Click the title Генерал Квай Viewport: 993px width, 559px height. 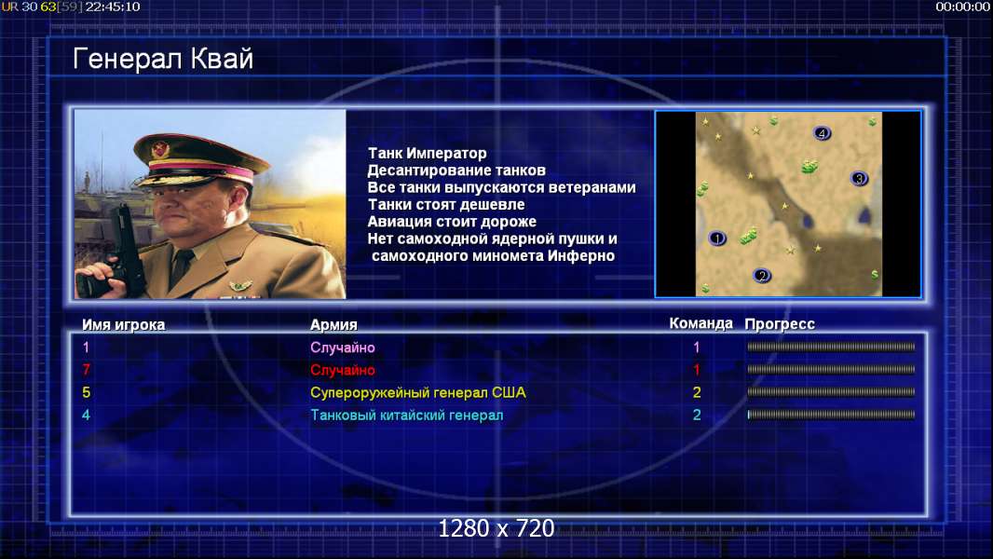(x=163, y=60)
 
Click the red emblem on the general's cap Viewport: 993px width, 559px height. (x=161, y=149)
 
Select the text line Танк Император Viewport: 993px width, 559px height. (x=428, y=153)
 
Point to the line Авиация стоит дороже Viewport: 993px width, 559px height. (x=452, y=222)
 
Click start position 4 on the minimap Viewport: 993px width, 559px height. (x=822, y=133)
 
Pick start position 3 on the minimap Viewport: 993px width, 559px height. (x=859, y=178)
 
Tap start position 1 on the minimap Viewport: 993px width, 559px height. (x=717, y=238)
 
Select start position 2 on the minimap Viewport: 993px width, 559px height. (x=762, y=276)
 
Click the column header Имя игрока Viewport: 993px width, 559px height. (x=124, y=325)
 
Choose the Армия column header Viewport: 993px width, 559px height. (x=333, y=325)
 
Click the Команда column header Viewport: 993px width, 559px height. (x=701, y=323)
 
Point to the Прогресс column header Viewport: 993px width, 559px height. (x=780, y=323)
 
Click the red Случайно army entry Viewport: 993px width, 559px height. (x=343, y=370)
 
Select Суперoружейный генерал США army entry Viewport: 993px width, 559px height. (x=418, y=392)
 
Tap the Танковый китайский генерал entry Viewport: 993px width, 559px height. (x=406, y=416)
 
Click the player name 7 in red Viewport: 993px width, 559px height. (x=86, y=370)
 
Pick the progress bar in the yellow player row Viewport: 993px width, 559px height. (x=831, y=392)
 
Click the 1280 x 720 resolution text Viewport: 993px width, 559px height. (x=496, y=528)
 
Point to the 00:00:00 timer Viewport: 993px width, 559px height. (x=962, y=7)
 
